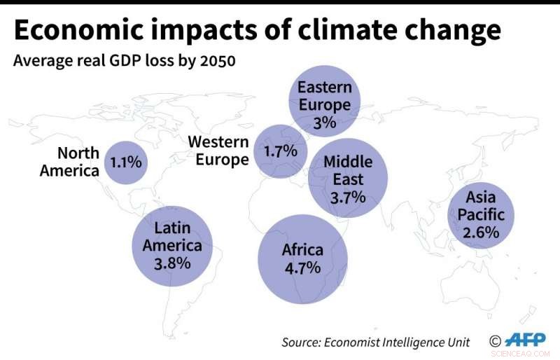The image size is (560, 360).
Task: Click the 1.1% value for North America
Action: point(126,162)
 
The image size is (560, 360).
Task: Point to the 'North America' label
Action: point(69,162)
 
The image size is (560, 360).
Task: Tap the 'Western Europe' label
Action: point(218,151)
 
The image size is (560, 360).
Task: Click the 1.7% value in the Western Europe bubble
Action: point(280,151)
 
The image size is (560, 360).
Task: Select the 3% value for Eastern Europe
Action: point(325,123)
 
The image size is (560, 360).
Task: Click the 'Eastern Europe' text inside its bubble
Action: point(325,97)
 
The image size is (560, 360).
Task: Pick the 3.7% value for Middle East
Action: point(348,197)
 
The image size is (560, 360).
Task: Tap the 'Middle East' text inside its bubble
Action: point(348,170)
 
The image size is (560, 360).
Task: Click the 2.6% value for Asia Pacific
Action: point(481,232)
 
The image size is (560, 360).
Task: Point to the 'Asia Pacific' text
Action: point(481,206)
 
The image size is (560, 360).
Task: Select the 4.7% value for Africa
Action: point(302,268)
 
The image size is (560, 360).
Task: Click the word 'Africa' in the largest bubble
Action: point(302,249)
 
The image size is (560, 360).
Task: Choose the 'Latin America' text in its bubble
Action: point(172,237)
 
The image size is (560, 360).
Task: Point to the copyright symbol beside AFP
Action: point(495,342)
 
